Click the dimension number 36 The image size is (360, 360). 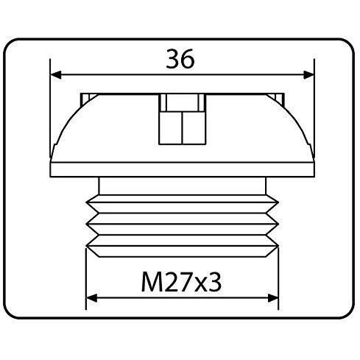pyautogui.click(x=180, y=59)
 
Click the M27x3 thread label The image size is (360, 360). pyautogui.click(x=181, y=282)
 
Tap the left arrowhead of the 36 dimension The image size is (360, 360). pyautogui.click(x=56, y=74)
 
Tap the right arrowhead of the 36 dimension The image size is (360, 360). pyautogui.click(x=308, y=74)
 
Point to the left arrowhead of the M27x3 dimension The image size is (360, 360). pyautogui.click(x=92, y=298)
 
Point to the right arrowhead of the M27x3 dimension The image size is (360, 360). pyautogui.click(x=273, y=298)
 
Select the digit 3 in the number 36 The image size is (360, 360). pyautogui.click(x=173, y=59)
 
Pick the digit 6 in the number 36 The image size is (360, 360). pyautogui.click(x=188, y=59)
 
